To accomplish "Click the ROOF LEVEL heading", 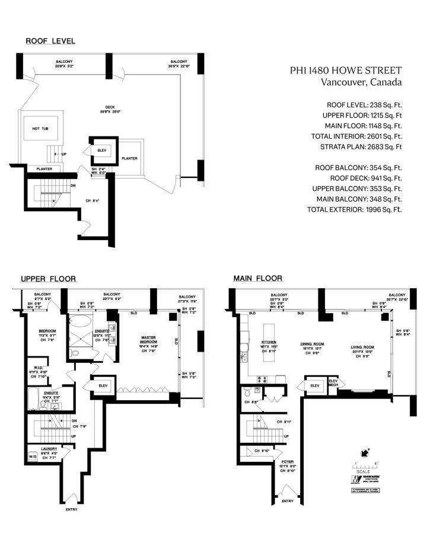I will tap(50, 41).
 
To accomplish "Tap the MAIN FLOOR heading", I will tap(257, 277).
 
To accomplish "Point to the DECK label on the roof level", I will tap(107, 108).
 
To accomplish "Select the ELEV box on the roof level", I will tap(101, 151).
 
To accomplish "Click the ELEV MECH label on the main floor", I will tap(333, 383).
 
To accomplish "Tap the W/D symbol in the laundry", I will tap(33, 458).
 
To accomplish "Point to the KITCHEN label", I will tap(269, 343).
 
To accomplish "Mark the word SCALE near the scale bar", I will tap(364, 472).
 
